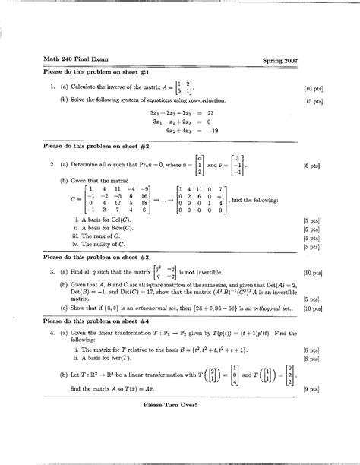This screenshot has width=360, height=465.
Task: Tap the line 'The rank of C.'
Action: [x=101, y=236]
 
